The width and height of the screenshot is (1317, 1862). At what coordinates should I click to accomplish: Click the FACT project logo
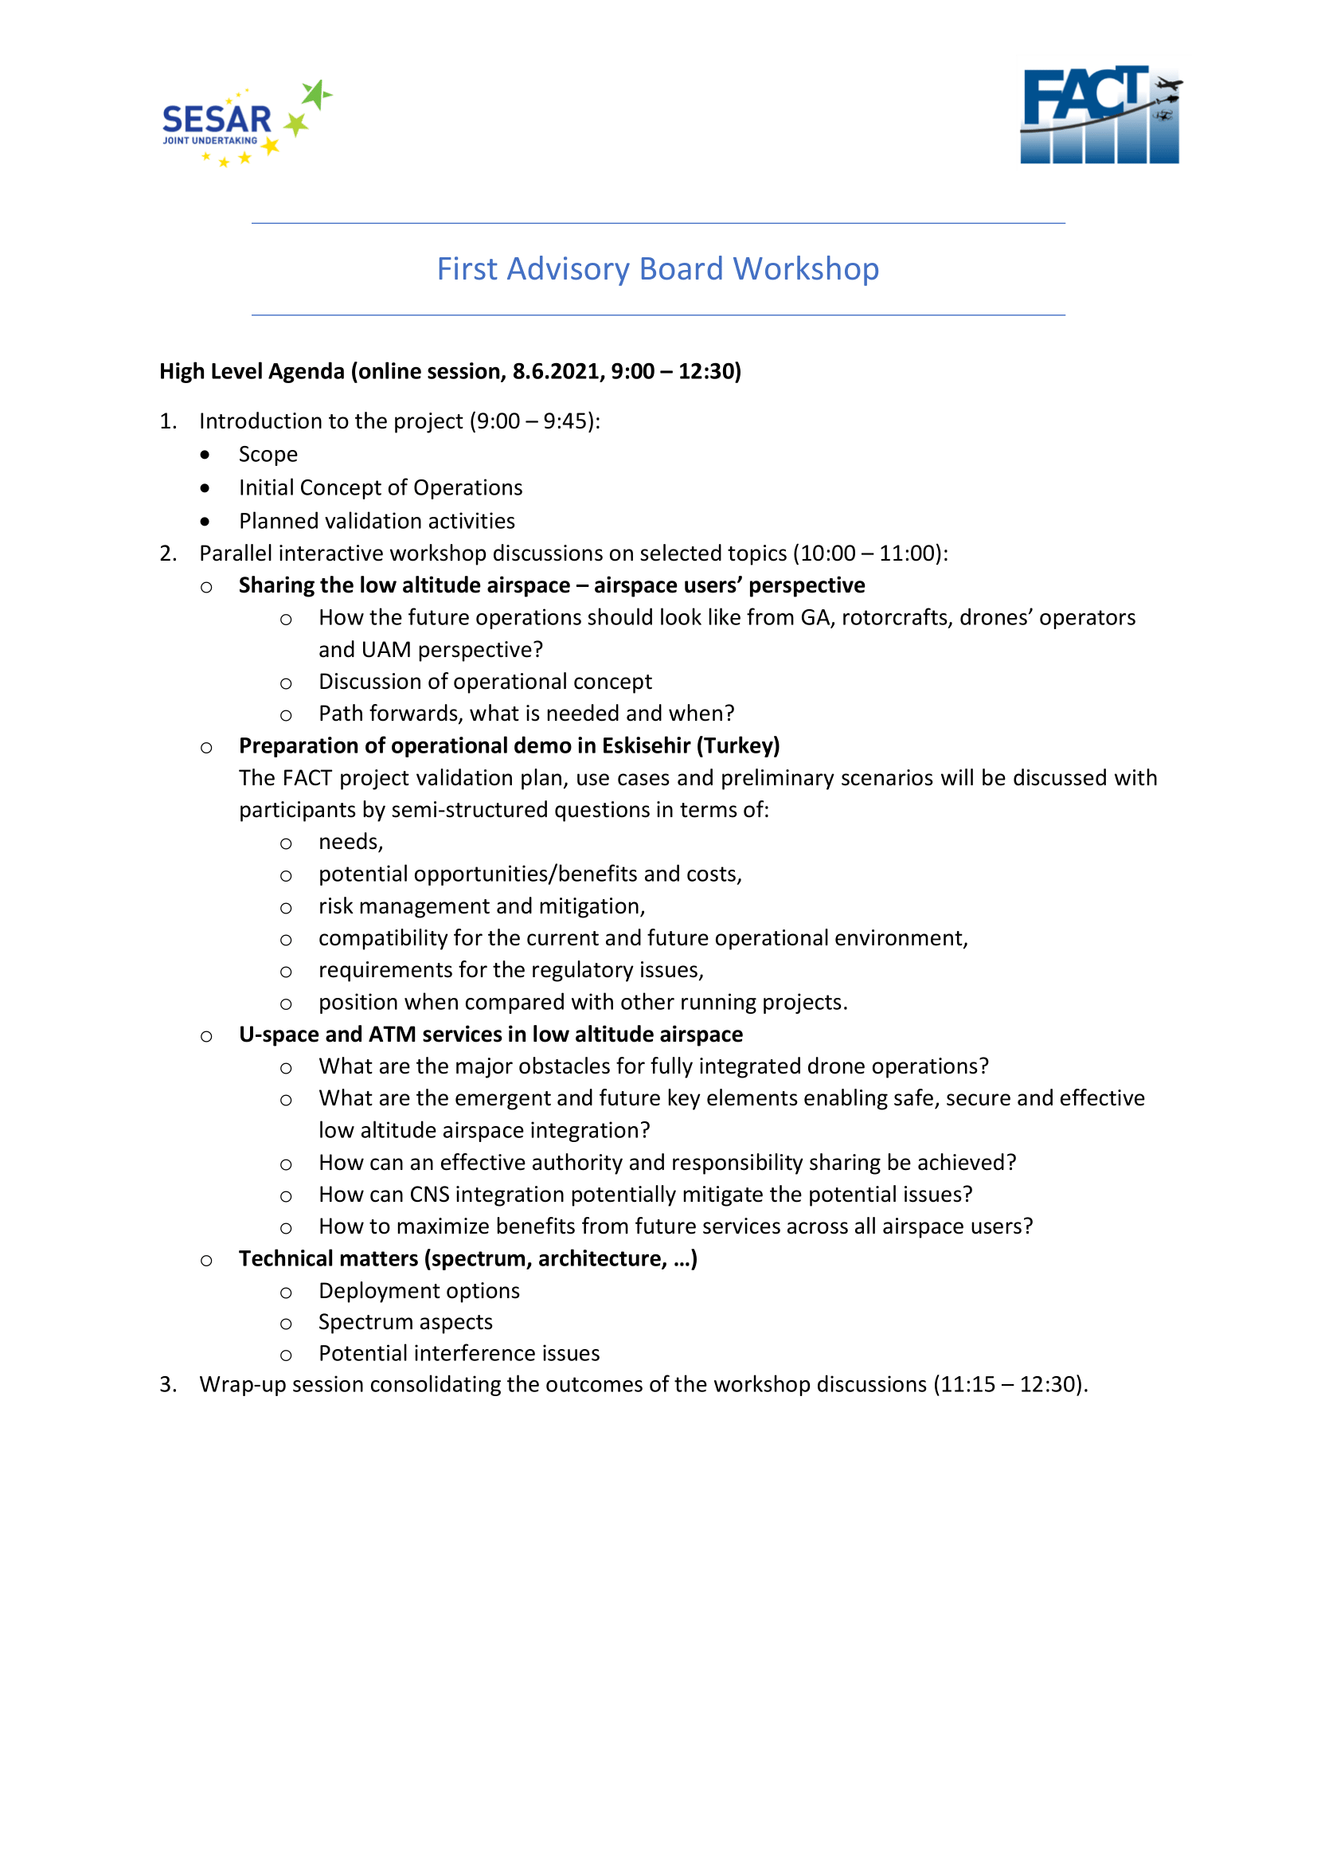click(1100, 115)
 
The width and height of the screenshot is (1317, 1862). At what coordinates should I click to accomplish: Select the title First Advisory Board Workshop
click(658, 269)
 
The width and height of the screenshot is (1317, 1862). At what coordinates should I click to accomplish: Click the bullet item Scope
click(268, 454)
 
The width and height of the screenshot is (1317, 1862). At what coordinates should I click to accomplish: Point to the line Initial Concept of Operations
click(381, 487)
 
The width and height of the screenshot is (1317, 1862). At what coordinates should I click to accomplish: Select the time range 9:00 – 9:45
click(534, 421)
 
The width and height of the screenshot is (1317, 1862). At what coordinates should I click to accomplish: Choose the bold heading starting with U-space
click(490, 1034)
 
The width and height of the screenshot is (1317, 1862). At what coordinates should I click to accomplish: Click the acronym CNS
click(429, 1195)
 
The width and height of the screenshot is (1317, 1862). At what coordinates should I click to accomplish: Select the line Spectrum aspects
click(405, 1322)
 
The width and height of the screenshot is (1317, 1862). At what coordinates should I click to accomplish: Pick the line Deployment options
click(419, 1290)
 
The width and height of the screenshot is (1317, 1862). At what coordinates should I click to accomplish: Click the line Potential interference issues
click(459, 1354)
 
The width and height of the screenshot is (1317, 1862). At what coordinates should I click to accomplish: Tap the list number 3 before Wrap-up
click(166, 1384)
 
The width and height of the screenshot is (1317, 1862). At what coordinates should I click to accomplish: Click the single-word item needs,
click(350, 842)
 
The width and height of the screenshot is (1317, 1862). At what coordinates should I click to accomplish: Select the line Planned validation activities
click(377, 521)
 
